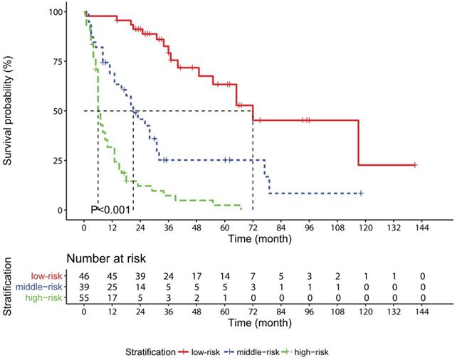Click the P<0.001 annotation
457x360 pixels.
(110, 209)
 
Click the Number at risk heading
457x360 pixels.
(107, 259)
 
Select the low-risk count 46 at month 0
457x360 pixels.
(85, 275)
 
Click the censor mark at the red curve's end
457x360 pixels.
(414, 165)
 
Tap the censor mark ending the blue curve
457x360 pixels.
(361, 194)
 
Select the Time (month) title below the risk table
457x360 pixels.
(253, 322)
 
